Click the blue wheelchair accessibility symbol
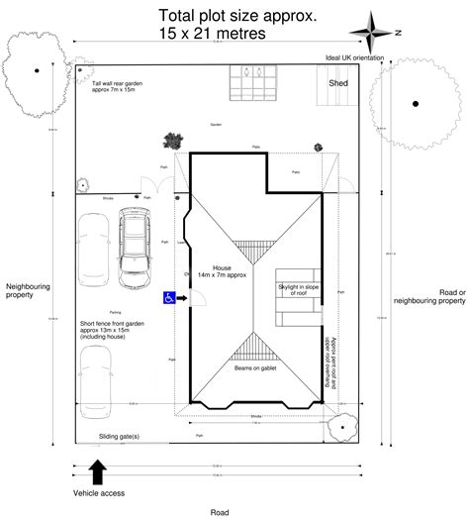point(170,297)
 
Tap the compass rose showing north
point(377,33)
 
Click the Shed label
point(339,84)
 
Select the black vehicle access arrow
point(97,470)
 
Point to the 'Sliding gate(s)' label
point(119,436)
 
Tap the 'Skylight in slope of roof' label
point(297,288)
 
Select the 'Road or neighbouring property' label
point(429,296)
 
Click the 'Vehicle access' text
point(98,493)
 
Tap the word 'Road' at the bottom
point(220,512)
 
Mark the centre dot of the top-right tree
point(415,103)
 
